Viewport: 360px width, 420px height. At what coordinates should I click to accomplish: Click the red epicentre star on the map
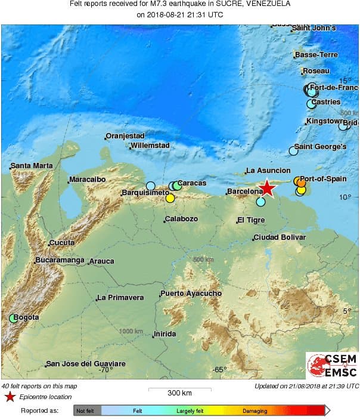point(268,189)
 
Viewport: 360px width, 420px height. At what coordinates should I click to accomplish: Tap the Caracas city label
point(192,183)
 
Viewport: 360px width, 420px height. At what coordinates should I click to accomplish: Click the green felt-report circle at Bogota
point(13,318)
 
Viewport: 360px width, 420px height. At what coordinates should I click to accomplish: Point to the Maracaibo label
point(87,179)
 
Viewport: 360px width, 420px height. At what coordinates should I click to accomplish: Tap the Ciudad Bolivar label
point(280,237)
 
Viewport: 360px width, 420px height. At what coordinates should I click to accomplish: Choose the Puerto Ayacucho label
point(191,294)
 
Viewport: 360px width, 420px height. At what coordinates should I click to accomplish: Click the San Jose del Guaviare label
point(86,364)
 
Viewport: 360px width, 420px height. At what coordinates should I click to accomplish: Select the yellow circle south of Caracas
point(170,199)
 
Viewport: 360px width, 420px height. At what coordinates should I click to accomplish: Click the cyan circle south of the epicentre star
point(260,202)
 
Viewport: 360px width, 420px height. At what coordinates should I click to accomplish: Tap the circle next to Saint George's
point(293,151)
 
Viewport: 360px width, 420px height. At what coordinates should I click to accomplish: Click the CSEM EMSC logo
point(332,366)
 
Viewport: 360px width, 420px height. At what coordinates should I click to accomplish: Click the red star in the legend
point(10,397)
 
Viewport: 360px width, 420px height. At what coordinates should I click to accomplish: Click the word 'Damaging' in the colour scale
point(255,410)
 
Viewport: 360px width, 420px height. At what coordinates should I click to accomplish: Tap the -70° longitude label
point(105,370)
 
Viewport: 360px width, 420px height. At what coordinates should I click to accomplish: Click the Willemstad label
point(150,146)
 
